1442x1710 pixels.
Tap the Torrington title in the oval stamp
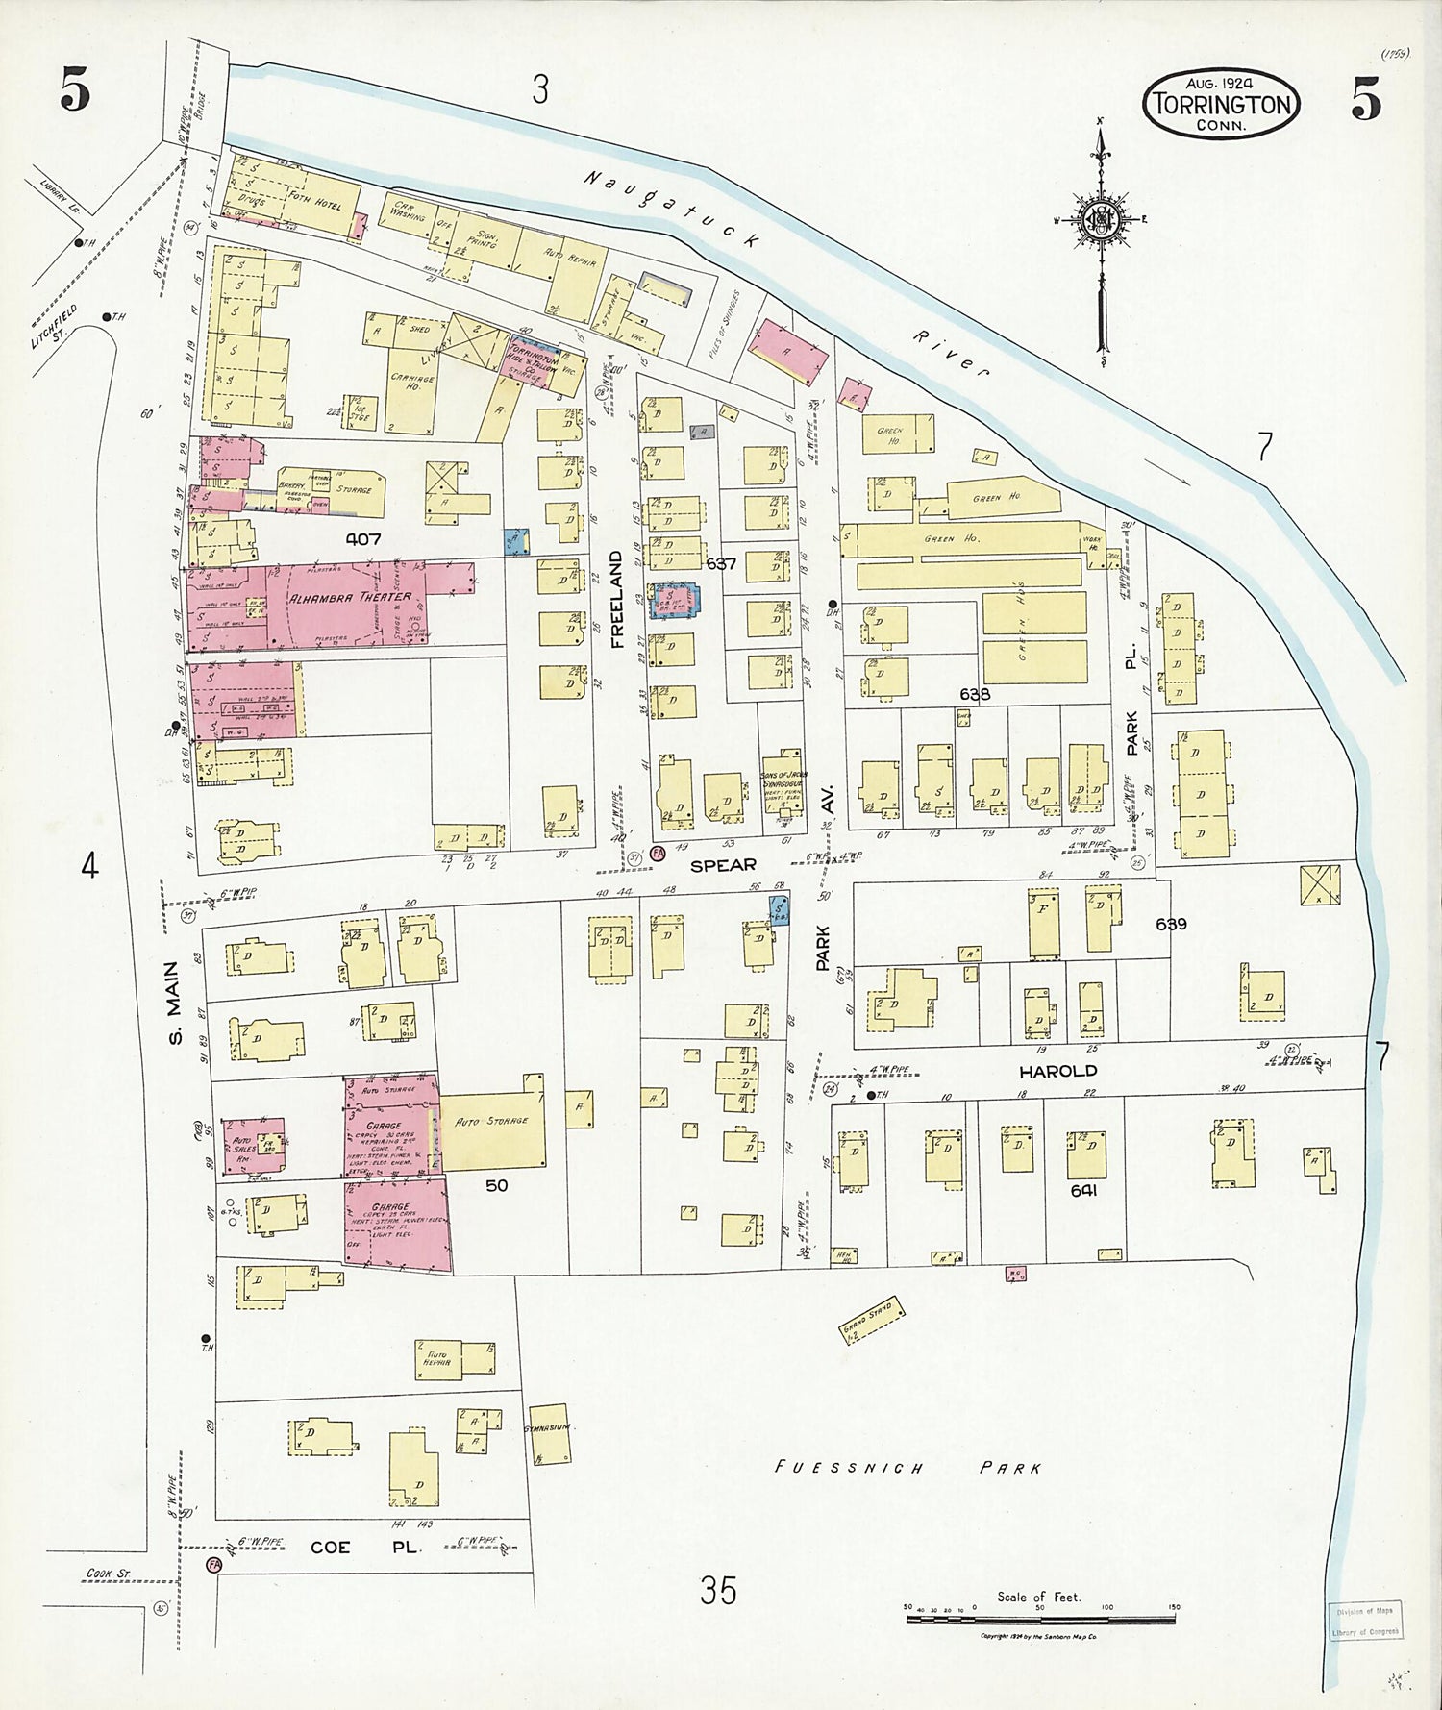[x=1222, y=105]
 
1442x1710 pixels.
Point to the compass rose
[x=1099, y=221]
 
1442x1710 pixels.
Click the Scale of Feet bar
[x=1040, y=1619]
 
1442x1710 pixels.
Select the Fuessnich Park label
[x=908, y=1468]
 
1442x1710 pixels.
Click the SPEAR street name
[x=724, y=864]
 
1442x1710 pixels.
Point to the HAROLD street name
[x=1064, y=1070]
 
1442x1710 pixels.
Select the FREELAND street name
[x=616, y=596]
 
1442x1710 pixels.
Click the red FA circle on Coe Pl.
[x=214, y=1565]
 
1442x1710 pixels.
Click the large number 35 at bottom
[x=718, y=1591]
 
